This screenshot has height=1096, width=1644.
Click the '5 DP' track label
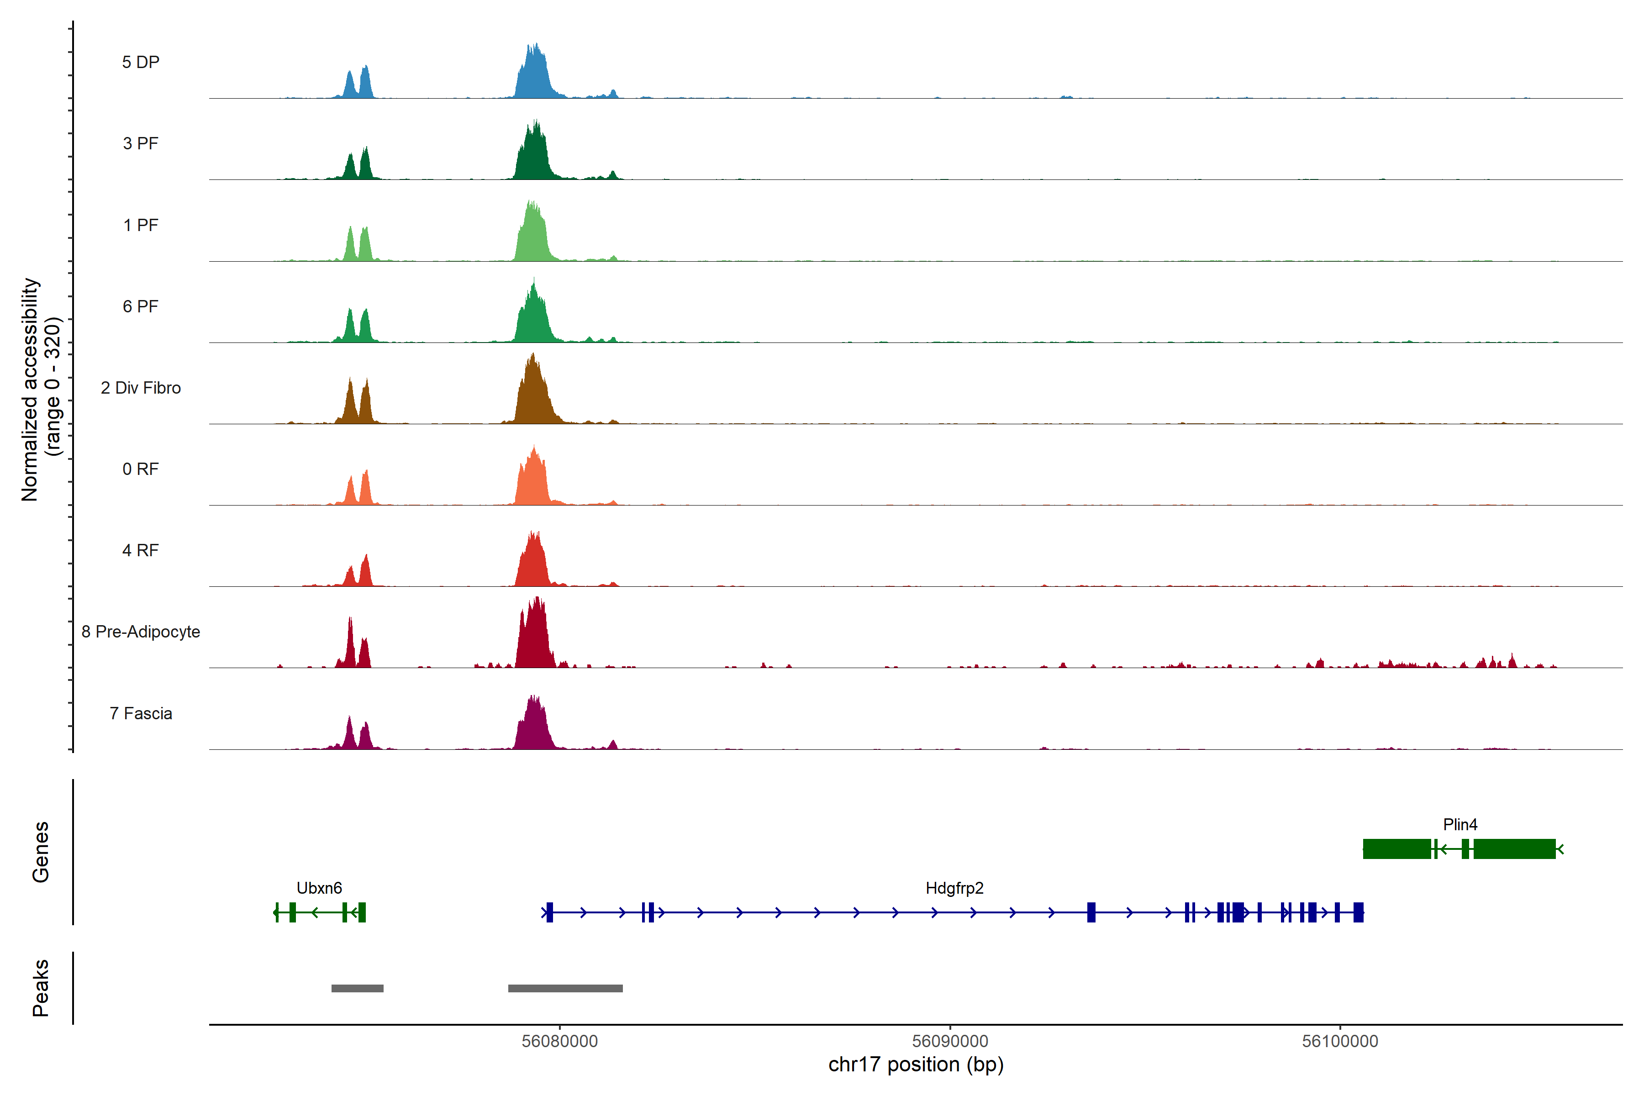pos(141,62)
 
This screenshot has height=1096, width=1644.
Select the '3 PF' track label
pos(141,143)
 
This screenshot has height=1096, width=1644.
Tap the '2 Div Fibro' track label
pos(141,388)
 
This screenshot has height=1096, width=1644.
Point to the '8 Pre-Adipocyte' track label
pos(141,632)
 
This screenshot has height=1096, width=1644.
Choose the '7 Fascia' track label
pos(141,714)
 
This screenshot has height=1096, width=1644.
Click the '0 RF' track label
pos(141,469)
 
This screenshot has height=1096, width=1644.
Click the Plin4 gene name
pos(1460,825)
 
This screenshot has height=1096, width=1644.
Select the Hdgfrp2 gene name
pos(954,888)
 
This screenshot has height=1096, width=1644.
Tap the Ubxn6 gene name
pos(319,888)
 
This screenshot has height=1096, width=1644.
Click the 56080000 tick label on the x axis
pos(560,1042)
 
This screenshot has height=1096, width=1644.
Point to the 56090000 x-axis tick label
pos(950,1042)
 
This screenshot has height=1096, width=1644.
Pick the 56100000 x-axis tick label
pos(1340,1042)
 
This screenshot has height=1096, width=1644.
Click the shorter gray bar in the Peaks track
pos(357,988)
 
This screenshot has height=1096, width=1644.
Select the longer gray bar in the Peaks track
pos(565,988)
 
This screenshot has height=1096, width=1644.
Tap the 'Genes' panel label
pos(41,852)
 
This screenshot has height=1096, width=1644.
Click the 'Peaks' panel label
pos(41,988)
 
